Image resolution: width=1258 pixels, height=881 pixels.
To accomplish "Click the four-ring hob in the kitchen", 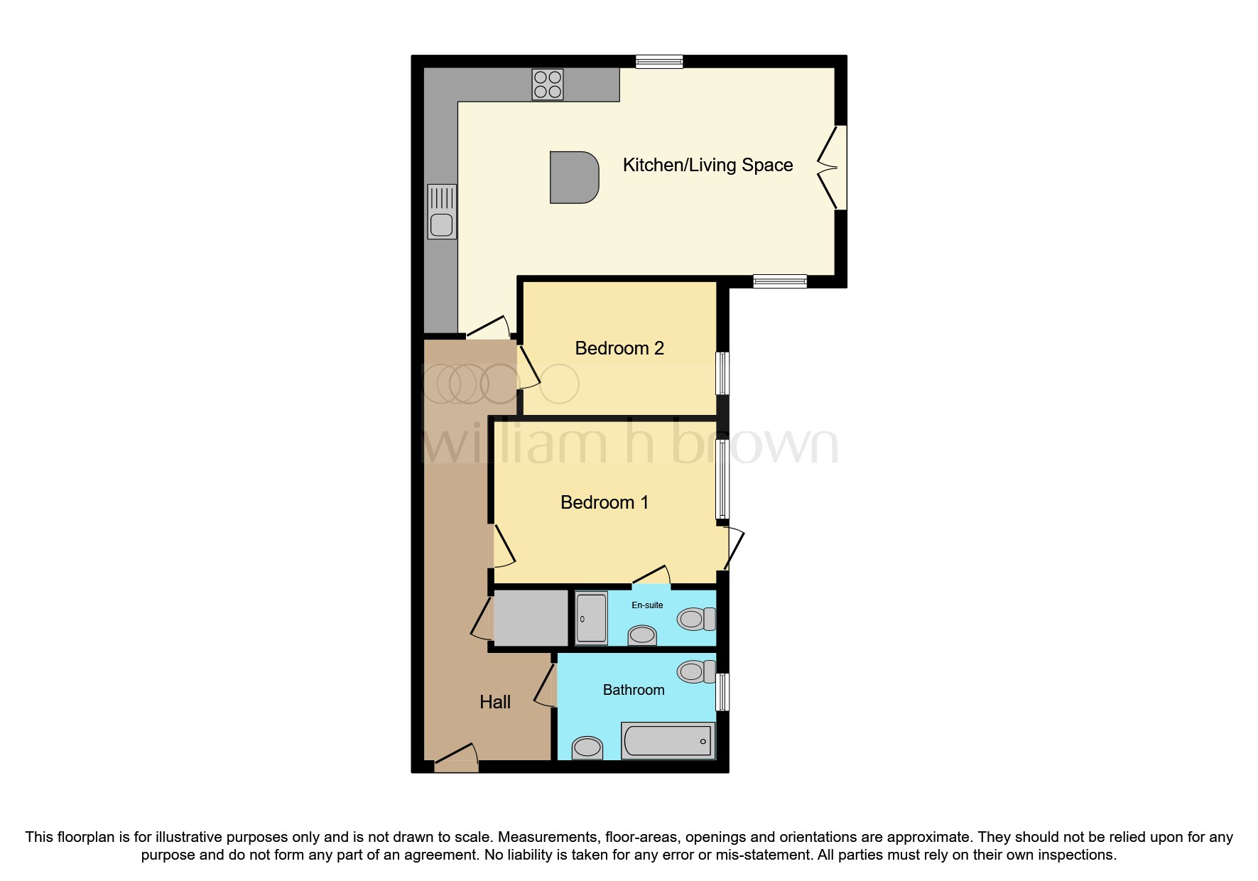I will (x=548, y=85).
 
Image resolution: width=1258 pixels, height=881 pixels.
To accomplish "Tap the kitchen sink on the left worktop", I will (x=442, y=211).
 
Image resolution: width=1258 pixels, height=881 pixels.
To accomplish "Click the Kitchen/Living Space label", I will (x=707, y=166).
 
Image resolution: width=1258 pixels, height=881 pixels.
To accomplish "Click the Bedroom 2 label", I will (x=619, y=348).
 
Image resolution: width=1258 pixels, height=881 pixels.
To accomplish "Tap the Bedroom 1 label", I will (x=604, y=502).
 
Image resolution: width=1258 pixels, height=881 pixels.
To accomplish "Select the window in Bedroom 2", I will (x=722, y=373).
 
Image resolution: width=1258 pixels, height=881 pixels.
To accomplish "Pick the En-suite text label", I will (x=647, y=605).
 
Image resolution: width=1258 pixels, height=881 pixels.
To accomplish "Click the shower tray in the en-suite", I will (x=591, y=618).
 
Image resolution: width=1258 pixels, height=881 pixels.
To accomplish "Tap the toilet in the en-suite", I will (x=696, y=620).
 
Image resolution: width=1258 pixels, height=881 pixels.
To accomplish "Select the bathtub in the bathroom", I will (x=668, y=741).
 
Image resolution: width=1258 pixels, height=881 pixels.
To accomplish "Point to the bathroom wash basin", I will (x=587, y=747).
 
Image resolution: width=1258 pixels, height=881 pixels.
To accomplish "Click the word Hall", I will (x=495, y=702).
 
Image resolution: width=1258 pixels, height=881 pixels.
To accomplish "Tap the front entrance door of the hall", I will (x=456, y=760).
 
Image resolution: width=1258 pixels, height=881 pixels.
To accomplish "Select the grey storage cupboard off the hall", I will (x=531, y=618).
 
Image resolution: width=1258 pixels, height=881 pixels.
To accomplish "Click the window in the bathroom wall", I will (x=722, y=692).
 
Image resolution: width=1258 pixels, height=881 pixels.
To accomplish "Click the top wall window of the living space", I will (x=659, y=62).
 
